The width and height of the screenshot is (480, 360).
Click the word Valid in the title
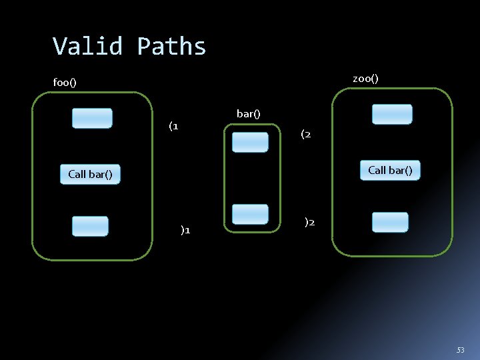click(x=88, y=47)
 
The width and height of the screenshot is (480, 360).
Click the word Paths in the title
click(x=171, y=47)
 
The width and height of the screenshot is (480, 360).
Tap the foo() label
click(x=65, y=83)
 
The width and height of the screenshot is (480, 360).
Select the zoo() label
click(x=365, y=79)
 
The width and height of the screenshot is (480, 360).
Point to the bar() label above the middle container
click(x=248, y=114)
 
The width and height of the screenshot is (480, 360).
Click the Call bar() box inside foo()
click(x=90, y=175)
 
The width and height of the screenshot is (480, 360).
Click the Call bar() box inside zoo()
click(x=390, y=171)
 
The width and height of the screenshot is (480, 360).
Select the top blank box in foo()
click(x=92, y=118)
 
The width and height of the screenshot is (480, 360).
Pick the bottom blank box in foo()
click(x=90, y=226)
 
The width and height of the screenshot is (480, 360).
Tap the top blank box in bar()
click(x=250, y=142)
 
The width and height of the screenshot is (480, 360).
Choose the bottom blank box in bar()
click(x=250, y=214)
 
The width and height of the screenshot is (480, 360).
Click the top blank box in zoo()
click(x=392, y=114)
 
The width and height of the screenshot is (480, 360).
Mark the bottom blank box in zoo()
click(x=390, y=222)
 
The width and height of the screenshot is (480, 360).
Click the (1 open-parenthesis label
click(x=173, y=125)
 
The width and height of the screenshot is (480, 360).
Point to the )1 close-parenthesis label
click(x=185, y=230)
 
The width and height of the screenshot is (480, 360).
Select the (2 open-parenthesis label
click(x=305, y=135)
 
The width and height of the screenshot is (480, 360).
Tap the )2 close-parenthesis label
click(x=309, y=222)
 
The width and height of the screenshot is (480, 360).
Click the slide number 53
click(x=460, y=350)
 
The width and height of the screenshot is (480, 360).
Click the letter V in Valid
click(x=60, y=47)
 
